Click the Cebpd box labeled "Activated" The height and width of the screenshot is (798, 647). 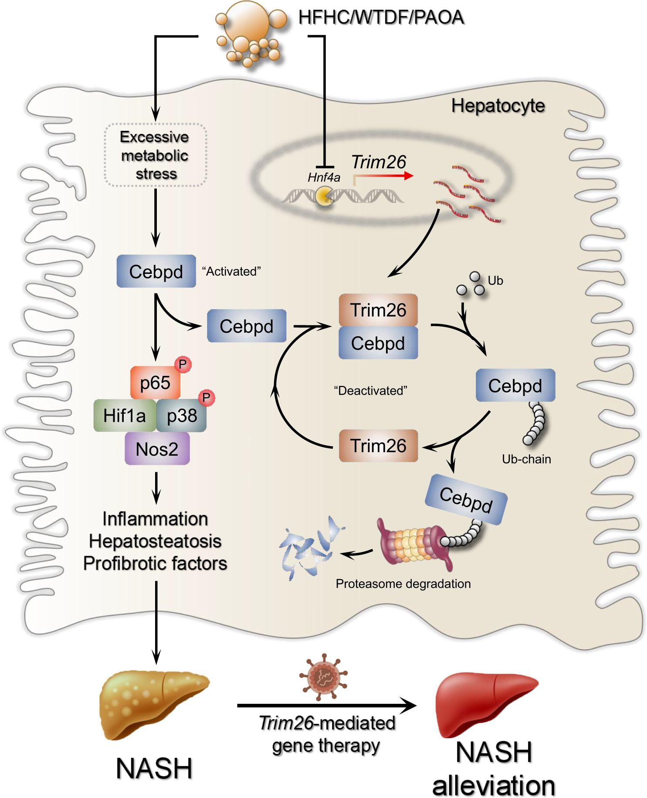click(156, 271)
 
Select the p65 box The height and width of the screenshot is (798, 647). click(155, 383)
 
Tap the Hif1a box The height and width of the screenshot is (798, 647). click(124, 416)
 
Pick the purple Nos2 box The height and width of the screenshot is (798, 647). click(157, 449)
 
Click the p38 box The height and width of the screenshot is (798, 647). click(182, 416)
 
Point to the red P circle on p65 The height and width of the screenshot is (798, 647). click(183, 364)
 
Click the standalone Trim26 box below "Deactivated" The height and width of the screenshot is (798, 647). click(378, 446)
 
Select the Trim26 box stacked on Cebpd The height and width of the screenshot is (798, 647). click(378, 310)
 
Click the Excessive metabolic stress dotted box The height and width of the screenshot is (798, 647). click(155, 155)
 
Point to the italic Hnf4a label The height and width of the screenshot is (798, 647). click(324, 177)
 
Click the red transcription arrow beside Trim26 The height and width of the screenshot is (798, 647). click(383, 176)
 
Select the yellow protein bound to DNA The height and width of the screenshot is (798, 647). click(324, 196)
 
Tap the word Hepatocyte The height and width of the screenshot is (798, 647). click(498, 106)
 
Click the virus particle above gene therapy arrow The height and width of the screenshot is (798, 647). click(323, 677)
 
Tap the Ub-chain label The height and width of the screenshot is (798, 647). click(526, 459)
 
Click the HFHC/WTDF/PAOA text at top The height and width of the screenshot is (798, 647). click(381, 17)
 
